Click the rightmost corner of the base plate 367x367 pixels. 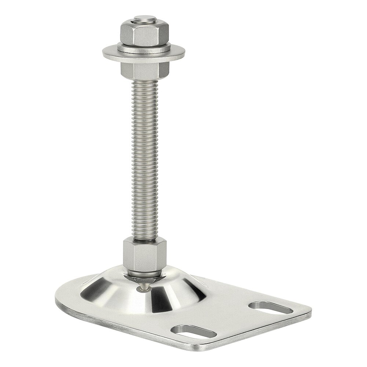pyautogui.click(x=310, y=312)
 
